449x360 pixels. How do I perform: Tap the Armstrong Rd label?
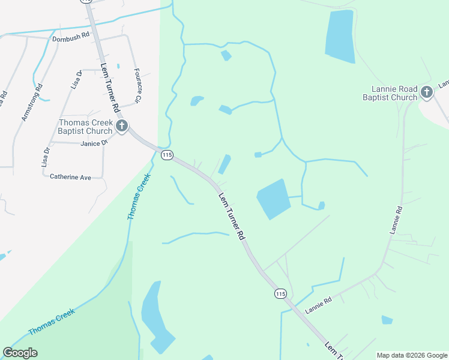(32, 103)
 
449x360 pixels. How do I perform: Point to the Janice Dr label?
(93, 143)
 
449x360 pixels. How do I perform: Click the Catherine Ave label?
(70, 177)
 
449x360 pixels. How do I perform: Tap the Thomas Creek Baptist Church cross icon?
(122, 126)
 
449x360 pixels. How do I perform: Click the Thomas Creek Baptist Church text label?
(85, 127)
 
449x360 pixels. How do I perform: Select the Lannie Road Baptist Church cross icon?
(427, 92)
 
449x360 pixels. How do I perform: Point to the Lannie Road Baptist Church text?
(390, 93)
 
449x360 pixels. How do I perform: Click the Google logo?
(20, 353)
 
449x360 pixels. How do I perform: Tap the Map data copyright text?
(412, 355)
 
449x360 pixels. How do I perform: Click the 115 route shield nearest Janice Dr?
(167, 155)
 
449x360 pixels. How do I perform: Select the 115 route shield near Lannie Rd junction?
(280, 293)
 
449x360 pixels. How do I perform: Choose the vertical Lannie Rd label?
(395, 220)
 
